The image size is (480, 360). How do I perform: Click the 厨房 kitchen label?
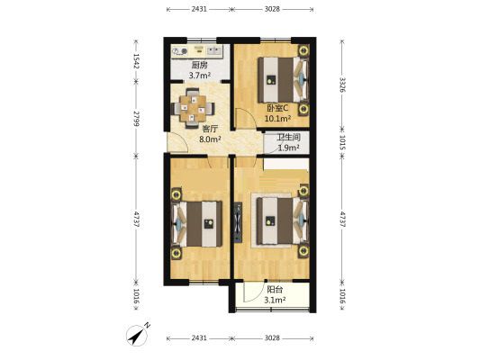[199, 65]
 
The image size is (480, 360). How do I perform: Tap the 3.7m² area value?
[199, 76]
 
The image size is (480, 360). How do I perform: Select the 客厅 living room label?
[210, 129]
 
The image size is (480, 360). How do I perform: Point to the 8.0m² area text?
[210, 139]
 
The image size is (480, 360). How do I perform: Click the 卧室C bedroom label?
[277, 108]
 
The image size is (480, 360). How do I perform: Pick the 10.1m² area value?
[277, 119]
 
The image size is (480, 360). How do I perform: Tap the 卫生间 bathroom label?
[288, 138]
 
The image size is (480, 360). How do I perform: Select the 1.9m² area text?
[288, 148]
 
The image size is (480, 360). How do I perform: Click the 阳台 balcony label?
[275, 289]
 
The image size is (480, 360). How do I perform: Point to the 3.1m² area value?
[275, 300]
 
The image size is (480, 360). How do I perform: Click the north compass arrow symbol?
[138, 335]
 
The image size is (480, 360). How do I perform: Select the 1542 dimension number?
[136, 61]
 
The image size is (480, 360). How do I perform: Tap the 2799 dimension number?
[136, 119]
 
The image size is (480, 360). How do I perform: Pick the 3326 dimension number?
[343, 85]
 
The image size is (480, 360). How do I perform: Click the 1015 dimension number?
[343, 143]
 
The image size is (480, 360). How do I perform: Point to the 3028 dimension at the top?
[272, 9]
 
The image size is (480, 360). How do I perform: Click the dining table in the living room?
[193, 108]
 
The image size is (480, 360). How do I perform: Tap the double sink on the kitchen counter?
[214, 49]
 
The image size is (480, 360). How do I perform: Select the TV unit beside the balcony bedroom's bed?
[238, 222]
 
